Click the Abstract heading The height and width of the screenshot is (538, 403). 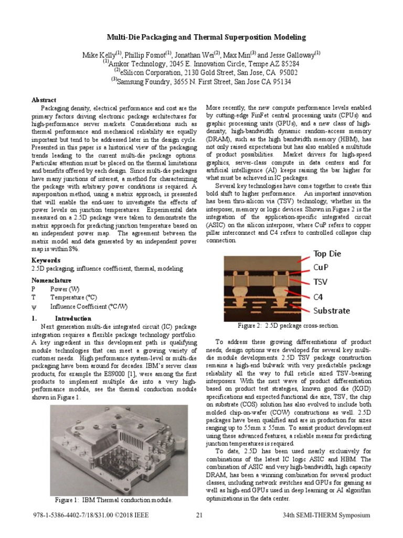tap(44, 99)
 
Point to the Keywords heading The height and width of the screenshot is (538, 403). tap(46, 261)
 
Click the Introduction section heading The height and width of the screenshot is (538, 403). tap(73, 318)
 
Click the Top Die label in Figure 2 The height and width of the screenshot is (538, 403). tap(327, 254)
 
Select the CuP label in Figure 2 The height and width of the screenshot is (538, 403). tap(321, 268)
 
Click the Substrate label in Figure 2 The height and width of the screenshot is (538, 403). tap(332, 311)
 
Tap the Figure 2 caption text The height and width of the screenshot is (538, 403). tap(288, 326)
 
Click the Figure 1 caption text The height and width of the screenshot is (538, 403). tap(114, 500)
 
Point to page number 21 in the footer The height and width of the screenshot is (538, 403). tap(199, 515)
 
